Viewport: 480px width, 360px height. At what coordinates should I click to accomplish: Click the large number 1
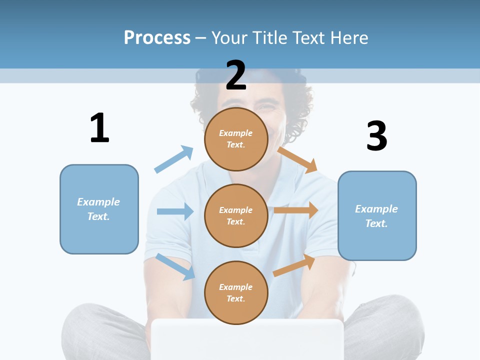click(99, 128)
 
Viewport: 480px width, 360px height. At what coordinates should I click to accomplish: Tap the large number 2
click(236, 75)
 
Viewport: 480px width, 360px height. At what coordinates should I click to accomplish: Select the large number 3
click(377, 136)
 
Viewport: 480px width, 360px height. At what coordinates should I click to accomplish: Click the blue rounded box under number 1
click(99, 209)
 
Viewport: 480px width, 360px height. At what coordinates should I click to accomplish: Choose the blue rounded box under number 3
click(377, 216)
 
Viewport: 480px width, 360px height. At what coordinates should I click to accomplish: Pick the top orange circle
click(236, 139)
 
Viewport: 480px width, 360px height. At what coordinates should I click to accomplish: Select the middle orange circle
click(236, 216)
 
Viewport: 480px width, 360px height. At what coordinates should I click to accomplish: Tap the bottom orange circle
click(236, 292)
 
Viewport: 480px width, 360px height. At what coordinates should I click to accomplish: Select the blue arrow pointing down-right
click(175, 266)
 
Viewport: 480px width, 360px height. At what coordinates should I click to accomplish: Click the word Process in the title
click(157, 37)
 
